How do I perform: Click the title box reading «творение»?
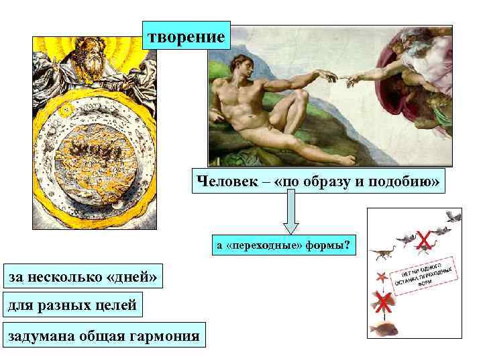pos(186,36)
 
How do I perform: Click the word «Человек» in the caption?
pos(221,182)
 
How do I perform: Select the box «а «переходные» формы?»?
pos(282,245)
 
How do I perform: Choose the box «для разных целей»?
pos(72,305)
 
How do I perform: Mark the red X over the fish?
pos(383,302)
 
